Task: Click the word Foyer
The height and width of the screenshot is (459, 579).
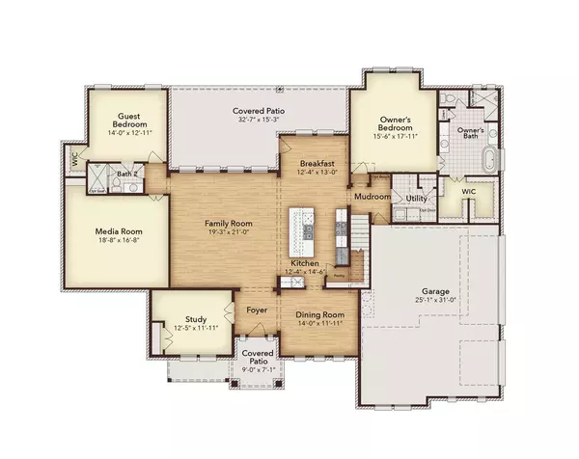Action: coord(256,310)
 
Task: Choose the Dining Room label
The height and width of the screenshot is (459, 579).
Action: coord(319,314)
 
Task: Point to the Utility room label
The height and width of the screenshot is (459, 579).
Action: coord(416,198)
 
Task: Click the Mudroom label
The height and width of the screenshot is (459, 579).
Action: coord(372,197)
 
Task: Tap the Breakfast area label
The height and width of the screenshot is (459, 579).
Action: coord(316,163)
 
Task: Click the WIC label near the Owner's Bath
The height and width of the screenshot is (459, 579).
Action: coord(469,192)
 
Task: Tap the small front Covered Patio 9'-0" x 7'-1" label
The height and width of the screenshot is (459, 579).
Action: coord(258,359)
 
